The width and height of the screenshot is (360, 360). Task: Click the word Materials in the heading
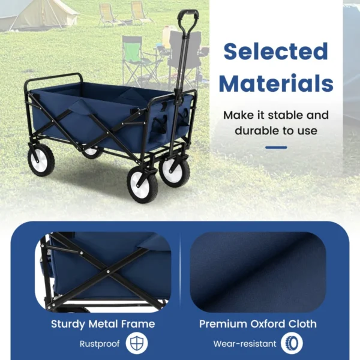tap(276, 83)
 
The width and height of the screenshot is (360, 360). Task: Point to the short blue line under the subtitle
tap(275, 147)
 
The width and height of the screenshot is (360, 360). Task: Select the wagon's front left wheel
tap(142, 184)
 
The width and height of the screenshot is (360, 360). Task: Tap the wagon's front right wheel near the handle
tap(175, 171)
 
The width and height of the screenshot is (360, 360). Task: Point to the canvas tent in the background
tap(36, 15)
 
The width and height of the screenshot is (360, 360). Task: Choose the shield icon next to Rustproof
tap(137, 344)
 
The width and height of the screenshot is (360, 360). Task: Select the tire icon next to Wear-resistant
tap(292, 344)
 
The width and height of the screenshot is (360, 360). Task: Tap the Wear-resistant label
tap(245, 344)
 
